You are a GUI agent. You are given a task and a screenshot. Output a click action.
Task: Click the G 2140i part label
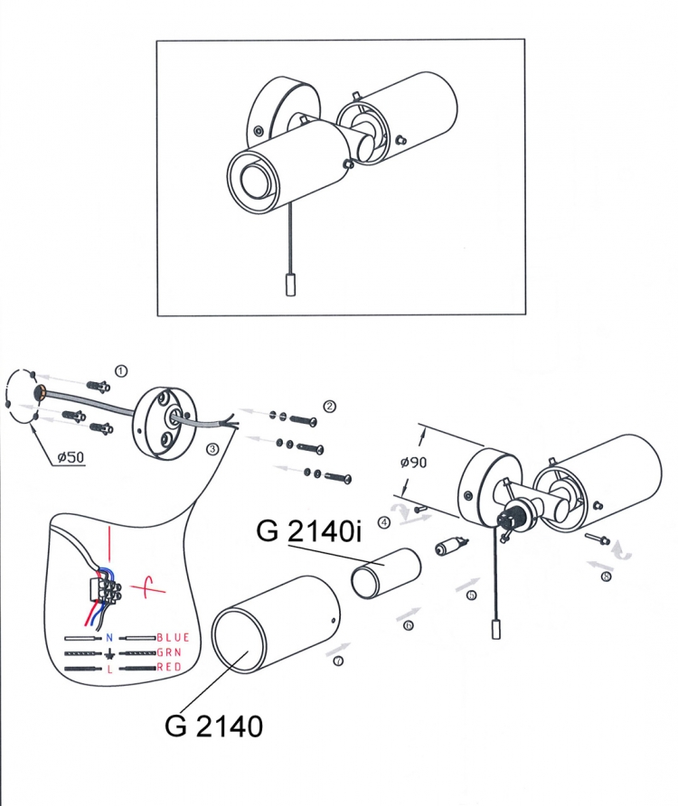tap(308, 530)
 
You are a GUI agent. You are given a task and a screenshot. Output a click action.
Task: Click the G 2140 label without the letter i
tap(213, 726)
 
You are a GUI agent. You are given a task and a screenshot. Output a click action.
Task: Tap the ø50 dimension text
tap(71, 456)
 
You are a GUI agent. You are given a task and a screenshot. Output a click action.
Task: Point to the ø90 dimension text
tap(413, 462)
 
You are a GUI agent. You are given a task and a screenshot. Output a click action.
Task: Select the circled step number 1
tap(121, 370)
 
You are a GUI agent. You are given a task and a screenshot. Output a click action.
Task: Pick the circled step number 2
tap(329, 406)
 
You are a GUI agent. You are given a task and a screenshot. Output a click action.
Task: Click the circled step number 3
tap(212, 449)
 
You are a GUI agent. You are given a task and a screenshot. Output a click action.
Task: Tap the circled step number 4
tap(384, 523)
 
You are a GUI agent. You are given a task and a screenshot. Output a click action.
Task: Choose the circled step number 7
tap(338, 661)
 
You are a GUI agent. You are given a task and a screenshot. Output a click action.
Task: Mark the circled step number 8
tap(606, 576)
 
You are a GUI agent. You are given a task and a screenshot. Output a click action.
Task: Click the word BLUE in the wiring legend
tap(173, 637)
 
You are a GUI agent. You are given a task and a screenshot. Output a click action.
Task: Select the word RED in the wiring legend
tap(169, 667)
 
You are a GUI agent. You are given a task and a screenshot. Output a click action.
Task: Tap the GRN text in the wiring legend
tap(169, 652)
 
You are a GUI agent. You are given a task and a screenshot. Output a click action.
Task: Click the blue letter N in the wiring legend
tap(109, 638)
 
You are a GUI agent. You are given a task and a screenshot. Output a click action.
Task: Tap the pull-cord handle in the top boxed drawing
tap(289, 285)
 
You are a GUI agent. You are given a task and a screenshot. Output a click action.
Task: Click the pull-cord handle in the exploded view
tap(496, 629)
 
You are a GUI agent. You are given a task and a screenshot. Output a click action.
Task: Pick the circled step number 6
tap(409, 625)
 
